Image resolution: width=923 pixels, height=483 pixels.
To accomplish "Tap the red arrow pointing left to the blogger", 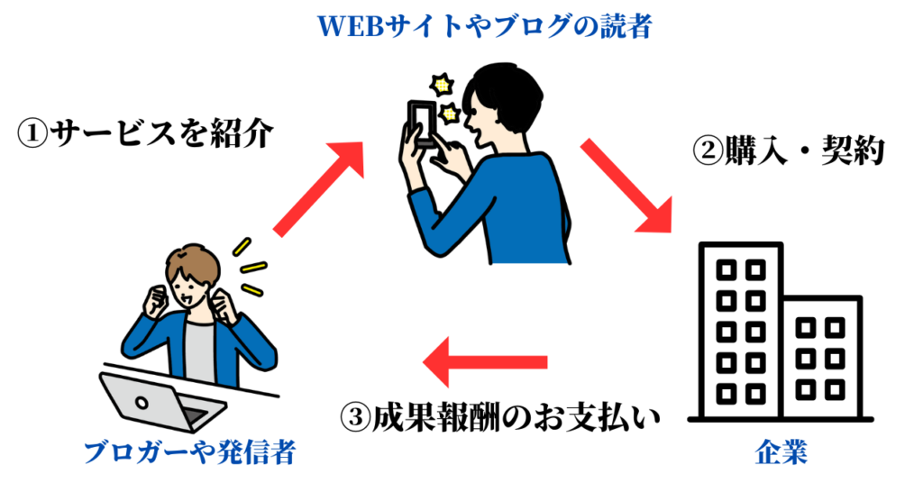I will tap(486, 362).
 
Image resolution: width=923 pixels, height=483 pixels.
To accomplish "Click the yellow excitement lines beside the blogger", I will tap(250, 266).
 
